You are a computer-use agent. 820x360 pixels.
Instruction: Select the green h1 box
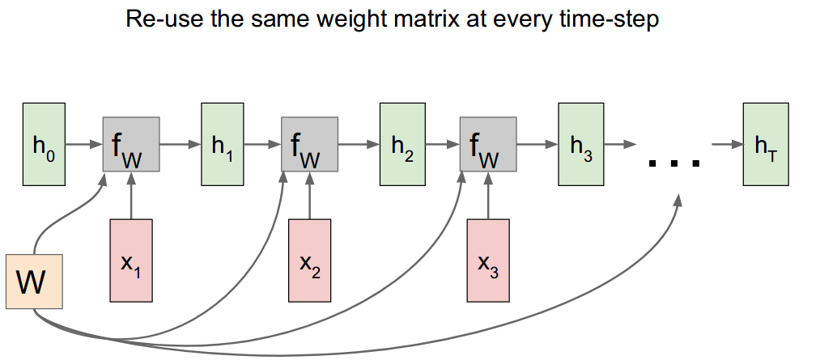(221, 145)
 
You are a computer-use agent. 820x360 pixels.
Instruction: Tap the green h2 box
(402, 145)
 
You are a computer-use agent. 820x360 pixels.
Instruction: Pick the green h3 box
(581, 145)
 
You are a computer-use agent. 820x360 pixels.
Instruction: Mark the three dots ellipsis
(673, 163)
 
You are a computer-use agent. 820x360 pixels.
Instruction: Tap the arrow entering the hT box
(728, 146)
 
